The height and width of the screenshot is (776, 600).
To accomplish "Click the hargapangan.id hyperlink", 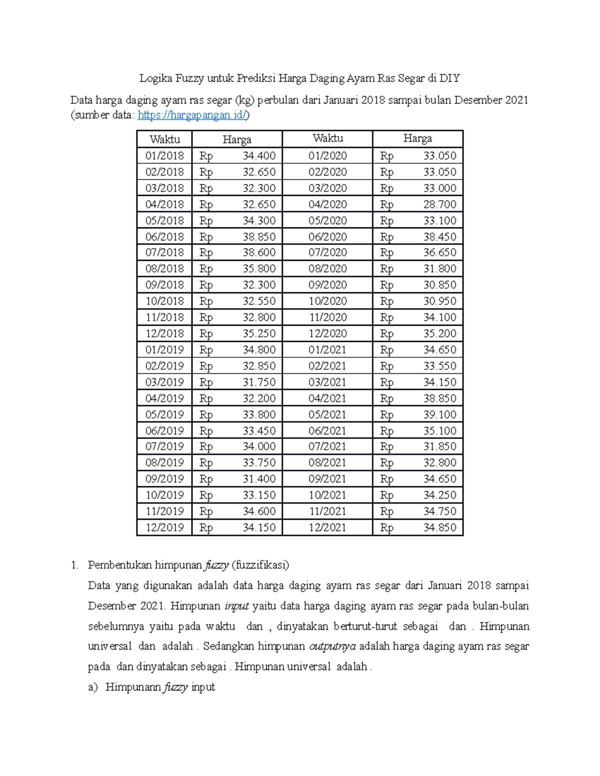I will click(192, 115).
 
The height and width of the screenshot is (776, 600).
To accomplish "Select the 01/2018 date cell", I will click(164, 156).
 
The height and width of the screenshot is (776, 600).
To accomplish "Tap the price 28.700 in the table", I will click(439, 204).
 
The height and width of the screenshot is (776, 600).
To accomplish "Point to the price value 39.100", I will click(439, 415).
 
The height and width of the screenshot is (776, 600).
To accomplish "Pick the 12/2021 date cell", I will click(327, 528).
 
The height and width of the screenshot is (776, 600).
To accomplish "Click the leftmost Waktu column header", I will click(164, 139).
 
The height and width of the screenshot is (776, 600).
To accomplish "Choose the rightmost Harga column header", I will click(417, 138).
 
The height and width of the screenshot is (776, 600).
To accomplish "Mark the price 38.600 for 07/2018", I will click(259, 253).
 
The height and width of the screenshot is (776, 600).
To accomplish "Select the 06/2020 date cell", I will click(327, 237).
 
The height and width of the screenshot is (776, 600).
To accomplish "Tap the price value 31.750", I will click(259, 382).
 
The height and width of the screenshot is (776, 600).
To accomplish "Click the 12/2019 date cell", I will click(164, 528).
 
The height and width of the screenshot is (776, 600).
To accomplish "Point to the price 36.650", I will click(439, 253).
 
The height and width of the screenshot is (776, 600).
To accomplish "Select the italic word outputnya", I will click(332, 647).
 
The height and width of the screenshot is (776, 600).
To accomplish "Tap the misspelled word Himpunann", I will click(132, 687).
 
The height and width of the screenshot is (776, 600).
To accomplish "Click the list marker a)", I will click(93, 687).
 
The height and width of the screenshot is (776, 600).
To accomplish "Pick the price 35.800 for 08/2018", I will click(259, 269).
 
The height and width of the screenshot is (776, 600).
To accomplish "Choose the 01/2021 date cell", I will click(327, 350).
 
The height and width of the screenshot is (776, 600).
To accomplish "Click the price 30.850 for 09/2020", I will click(439, 285).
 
